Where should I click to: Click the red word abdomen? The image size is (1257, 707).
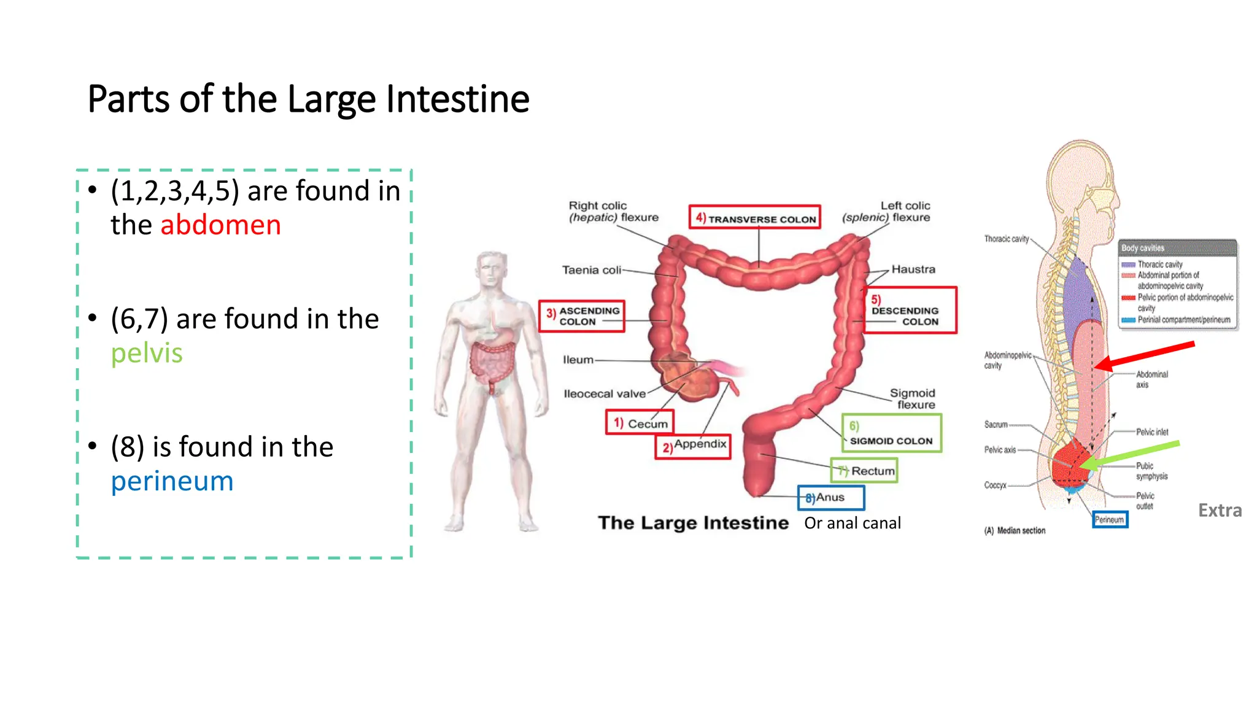[x=220, y=225]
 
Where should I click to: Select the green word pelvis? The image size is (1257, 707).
[x=147, y=353]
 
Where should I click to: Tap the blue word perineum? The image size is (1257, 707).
[x=172, y=482]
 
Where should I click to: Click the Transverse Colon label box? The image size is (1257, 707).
[x=754, y=217]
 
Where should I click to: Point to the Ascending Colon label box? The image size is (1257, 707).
[x=581, y=316]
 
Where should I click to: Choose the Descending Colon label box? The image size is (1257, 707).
[x=910, y=311]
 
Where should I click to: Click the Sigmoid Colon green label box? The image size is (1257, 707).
[x=891, y=433]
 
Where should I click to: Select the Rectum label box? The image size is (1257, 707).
[x=864, y=471]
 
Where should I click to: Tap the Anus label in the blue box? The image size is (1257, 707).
[x=831, y=498]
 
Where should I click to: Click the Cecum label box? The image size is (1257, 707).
[x=640, y=423]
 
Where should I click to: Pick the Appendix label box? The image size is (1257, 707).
[x=693, y=446]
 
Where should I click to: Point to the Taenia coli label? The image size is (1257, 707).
[x=591, y=270]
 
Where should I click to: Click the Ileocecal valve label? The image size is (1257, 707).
[x=605, y=394]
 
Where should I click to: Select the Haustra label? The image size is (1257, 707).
[x=913, y=269]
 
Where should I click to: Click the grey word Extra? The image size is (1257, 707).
[x=1220, y=511]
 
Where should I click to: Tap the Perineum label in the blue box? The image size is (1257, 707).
[x=1110, y=520]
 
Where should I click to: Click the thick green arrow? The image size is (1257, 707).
[x=1129, y=454]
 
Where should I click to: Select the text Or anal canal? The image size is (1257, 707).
[x=853, y=523]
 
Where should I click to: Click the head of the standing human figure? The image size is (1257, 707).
[x=492, y=269]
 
